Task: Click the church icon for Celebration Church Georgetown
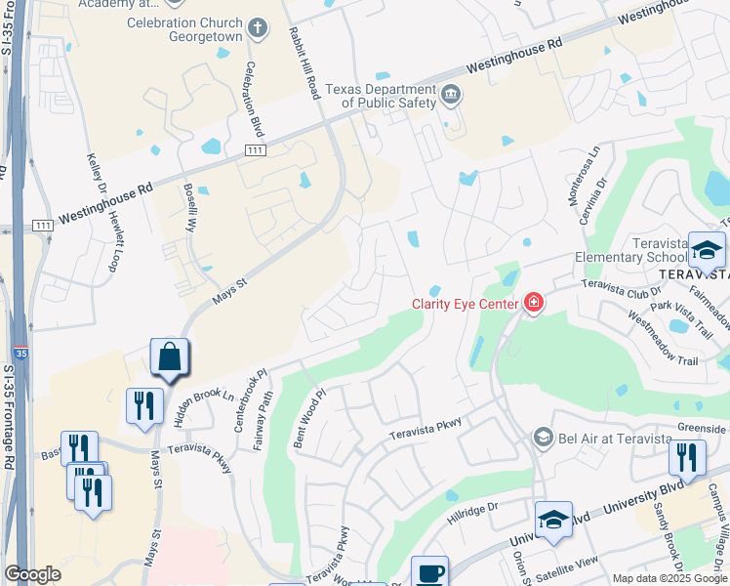point(258,26)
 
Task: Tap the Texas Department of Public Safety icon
point(451,95)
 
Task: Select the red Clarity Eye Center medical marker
point(532,304)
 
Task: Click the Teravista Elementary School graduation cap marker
point(707,251)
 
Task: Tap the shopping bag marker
point(169,357)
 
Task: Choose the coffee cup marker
point(429,573)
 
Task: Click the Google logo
point(32,574)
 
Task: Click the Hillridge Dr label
point(472,507)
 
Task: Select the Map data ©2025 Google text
point(669,578)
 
